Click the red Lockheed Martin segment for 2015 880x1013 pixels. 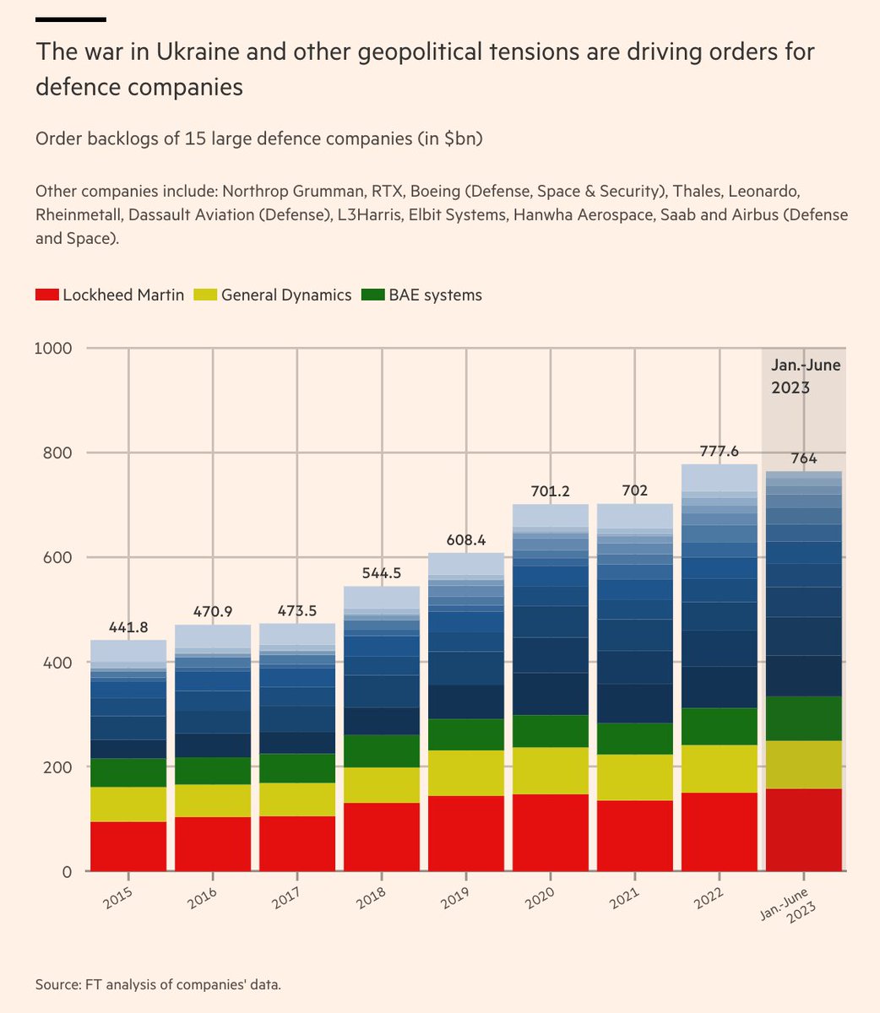tap(128, 846)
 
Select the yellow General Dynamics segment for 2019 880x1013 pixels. tap(466, 772)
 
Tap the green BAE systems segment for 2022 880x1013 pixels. tap(720, 726)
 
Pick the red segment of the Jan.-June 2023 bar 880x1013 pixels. tap(803, 829)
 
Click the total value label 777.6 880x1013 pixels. tap(720, 452)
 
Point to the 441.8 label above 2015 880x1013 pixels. tap(128, 627)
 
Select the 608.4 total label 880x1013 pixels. tap(466, 540)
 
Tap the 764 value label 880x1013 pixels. tap(803, 458)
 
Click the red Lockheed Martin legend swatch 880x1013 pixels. tap(46, 295)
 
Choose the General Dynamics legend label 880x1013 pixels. tap(286, 295)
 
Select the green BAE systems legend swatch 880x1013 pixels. tap(372, 295)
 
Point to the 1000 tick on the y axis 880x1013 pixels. tap(52, 348)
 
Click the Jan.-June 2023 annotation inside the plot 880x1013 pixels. tap(805, 376)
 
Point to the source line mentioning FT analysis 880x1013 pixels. tap(158, 984)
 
